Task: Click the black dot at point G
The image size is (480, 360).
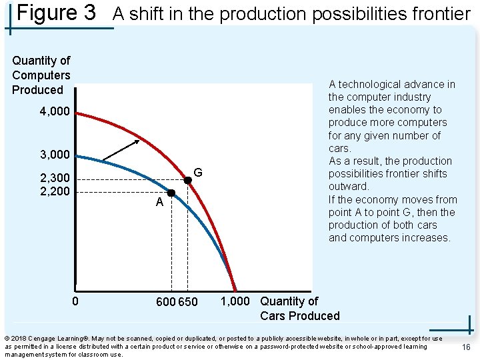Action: coord(187,180)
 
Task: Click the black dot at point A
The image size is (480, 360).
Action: coord(171,193)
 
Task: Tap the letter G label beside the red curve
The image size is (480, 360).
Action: coord(198,173)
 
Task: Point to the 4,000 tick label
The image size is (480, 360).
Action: coord(54,111)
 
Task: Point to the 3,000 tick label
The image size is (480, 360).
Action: coord(54,155)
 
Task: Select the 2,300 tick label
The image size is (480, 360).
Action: coord(54,179)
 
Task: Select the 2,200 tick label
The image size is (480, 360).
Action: coord(54,191)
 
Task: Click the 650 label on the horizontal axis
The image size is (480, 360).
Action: coord(188,302)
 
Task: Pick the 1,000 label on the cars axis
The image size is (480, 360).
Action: coord(235,301)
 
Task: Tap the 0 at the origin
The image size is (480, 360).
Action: coord(75,301)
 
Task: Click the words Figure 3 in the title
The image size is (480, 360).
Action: coord(57,13)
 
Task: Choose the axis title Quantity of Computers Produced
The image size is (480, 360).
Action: coord(41,75)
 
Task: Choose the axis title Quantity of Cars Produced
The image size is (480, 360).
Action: coord(299,309)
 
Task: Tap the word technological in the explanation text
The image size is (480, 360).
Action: coord(370,85)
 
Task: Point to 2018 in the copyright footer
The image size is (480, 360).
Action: coord(19,339)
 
